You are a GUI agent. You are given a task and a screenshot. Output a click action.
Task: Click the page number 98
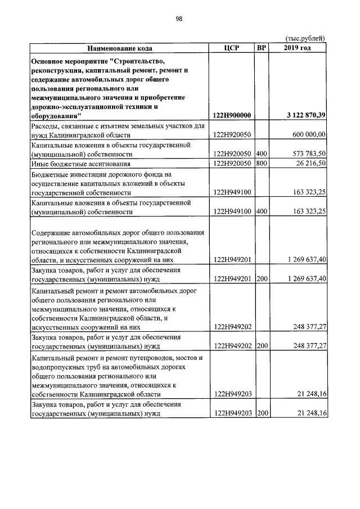179,19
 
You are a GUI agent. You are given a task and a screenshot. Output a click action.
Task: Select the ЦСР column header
231,48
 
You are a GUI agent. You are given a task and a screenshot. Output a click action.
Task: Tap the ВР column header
261,48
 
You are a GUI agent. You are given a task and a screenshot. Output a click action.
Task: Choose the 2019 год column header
298,48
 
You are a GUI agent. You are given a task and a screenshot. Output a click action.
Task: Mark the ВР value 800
261,164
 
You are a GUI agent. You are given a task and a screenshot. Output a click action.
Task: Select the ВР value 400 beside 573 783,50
261,154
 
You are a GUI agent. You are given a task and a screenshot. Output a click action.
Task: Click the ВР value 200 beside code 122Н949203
261,414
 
